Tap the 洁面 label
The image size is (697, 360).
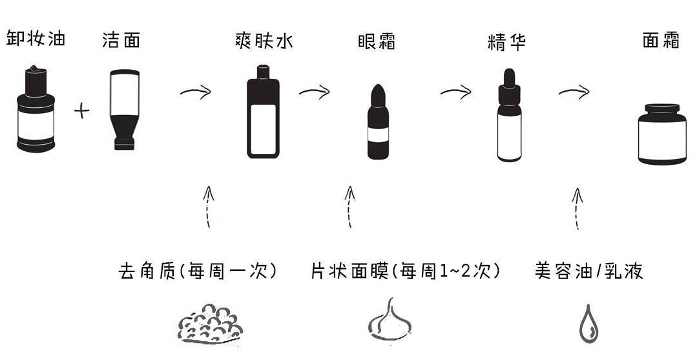pyautogui.click(x=121, y=40)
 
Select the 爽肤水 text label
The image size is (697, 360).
pyautogui.click(x=264, y=41)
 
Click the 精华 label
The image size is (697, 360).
pyautogui.click(x=506, y=43)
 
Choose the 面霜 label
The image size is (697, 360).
pyautogui.click(x=660, y=41)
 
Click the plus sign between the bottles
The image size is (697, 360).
pyautogui.click(x=81, y=111)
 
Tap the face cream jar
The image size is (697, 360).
pyautogui.click(x=661, y=134)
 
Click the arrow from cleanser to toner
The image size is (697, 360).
pyautogui.click(x=196, y=92)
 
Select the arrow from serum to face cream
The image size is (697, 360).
pyautogui.click(x=574, y=92)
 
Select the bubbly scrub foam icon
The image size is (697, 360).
pyautogui.click(x=210, y=323)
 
